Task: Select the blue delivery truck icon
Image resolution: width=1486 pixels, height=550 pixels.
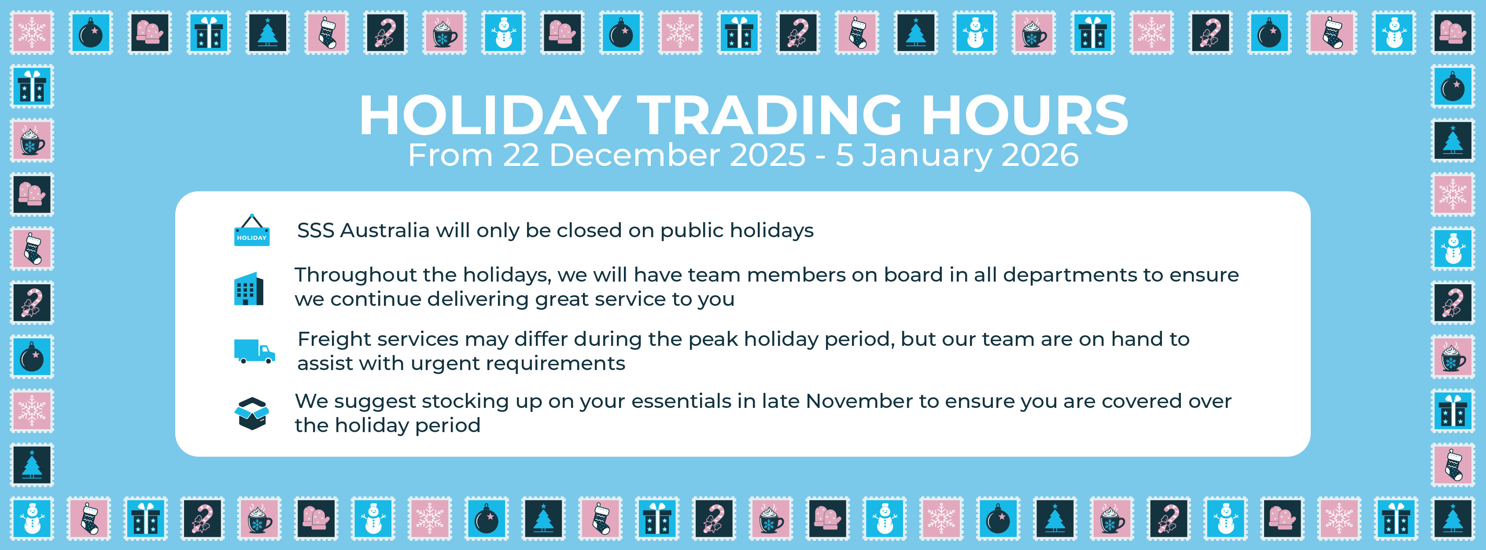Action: coord(254,351)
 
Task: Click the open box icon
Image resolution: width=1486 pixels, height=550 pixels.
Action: coord(251,413)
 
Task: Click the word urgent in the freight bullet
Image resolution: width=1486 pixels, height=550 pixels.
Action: coord(444,364)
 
